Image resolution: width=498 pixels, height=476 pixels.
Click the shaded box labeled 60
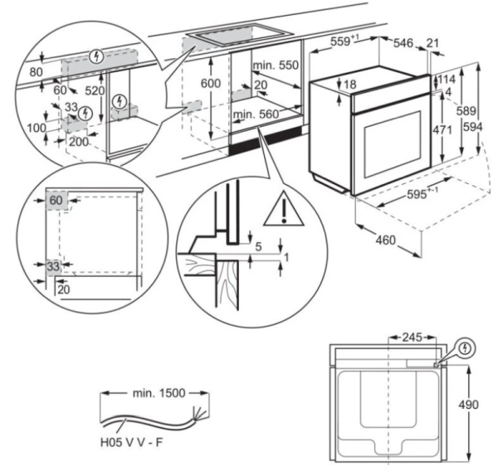[56, 201]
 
